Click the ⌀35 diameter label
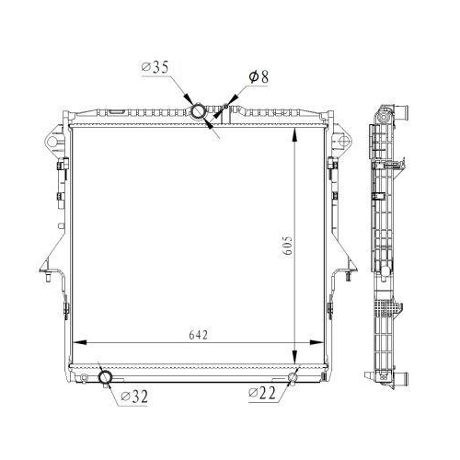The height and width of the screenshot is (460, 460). (x=155, y=67)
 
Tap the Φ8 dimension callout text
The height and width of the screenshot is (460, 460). (x=259, y=76)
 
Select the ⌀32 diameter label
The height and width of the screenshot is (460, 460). (x=134, y=397)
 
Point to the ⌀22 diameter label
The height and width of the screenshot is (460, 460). (x=262, y=393)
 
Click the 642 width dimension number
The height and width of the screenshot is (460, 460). (x=199, y=335)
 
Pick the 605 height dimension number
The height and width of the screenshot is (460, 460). (x=288, y=246)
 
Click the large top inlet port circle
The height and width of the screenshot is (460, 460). (x=198, y=111)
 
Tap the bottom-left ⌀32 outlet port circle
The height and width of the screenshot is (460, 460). (x=105, y=377)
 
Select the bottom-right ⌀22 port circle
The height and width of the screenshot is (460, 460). (x=293, y=377)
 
